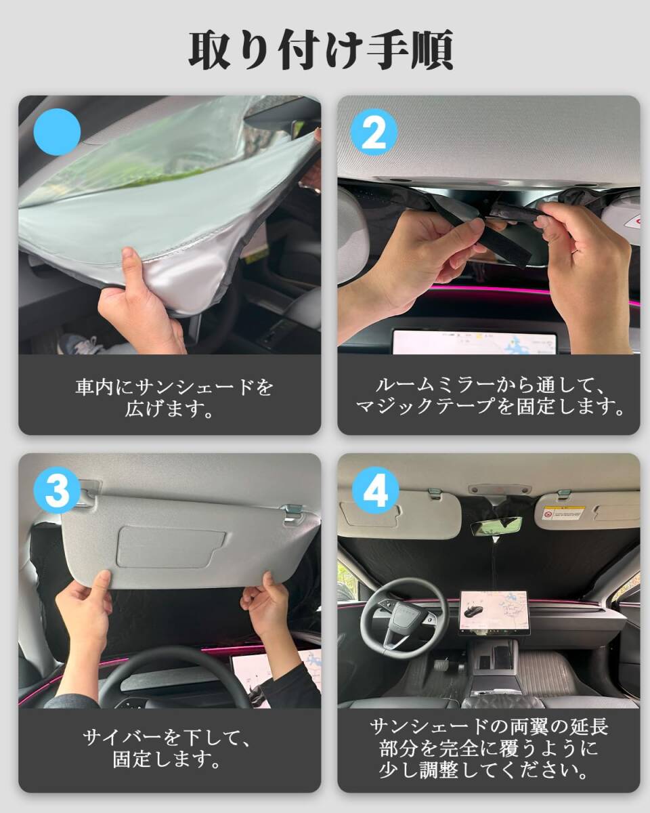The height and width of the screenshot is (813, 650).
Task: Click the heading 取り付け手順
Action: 321,51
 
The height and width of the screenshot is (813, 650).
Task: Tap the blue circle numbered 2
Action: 374,133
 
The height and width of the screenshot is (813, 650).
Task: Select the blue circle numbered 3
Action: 57,491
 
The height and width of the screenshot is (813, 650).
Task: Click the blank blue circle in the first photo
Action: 57,132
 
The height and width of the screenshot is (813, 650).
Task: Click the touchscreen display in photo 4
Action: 495,612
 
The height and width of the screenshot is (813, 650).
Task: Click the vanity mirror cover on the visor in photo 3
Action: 171,547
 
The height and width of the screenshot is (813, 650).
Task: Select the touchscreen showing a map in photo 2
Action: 475,341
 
